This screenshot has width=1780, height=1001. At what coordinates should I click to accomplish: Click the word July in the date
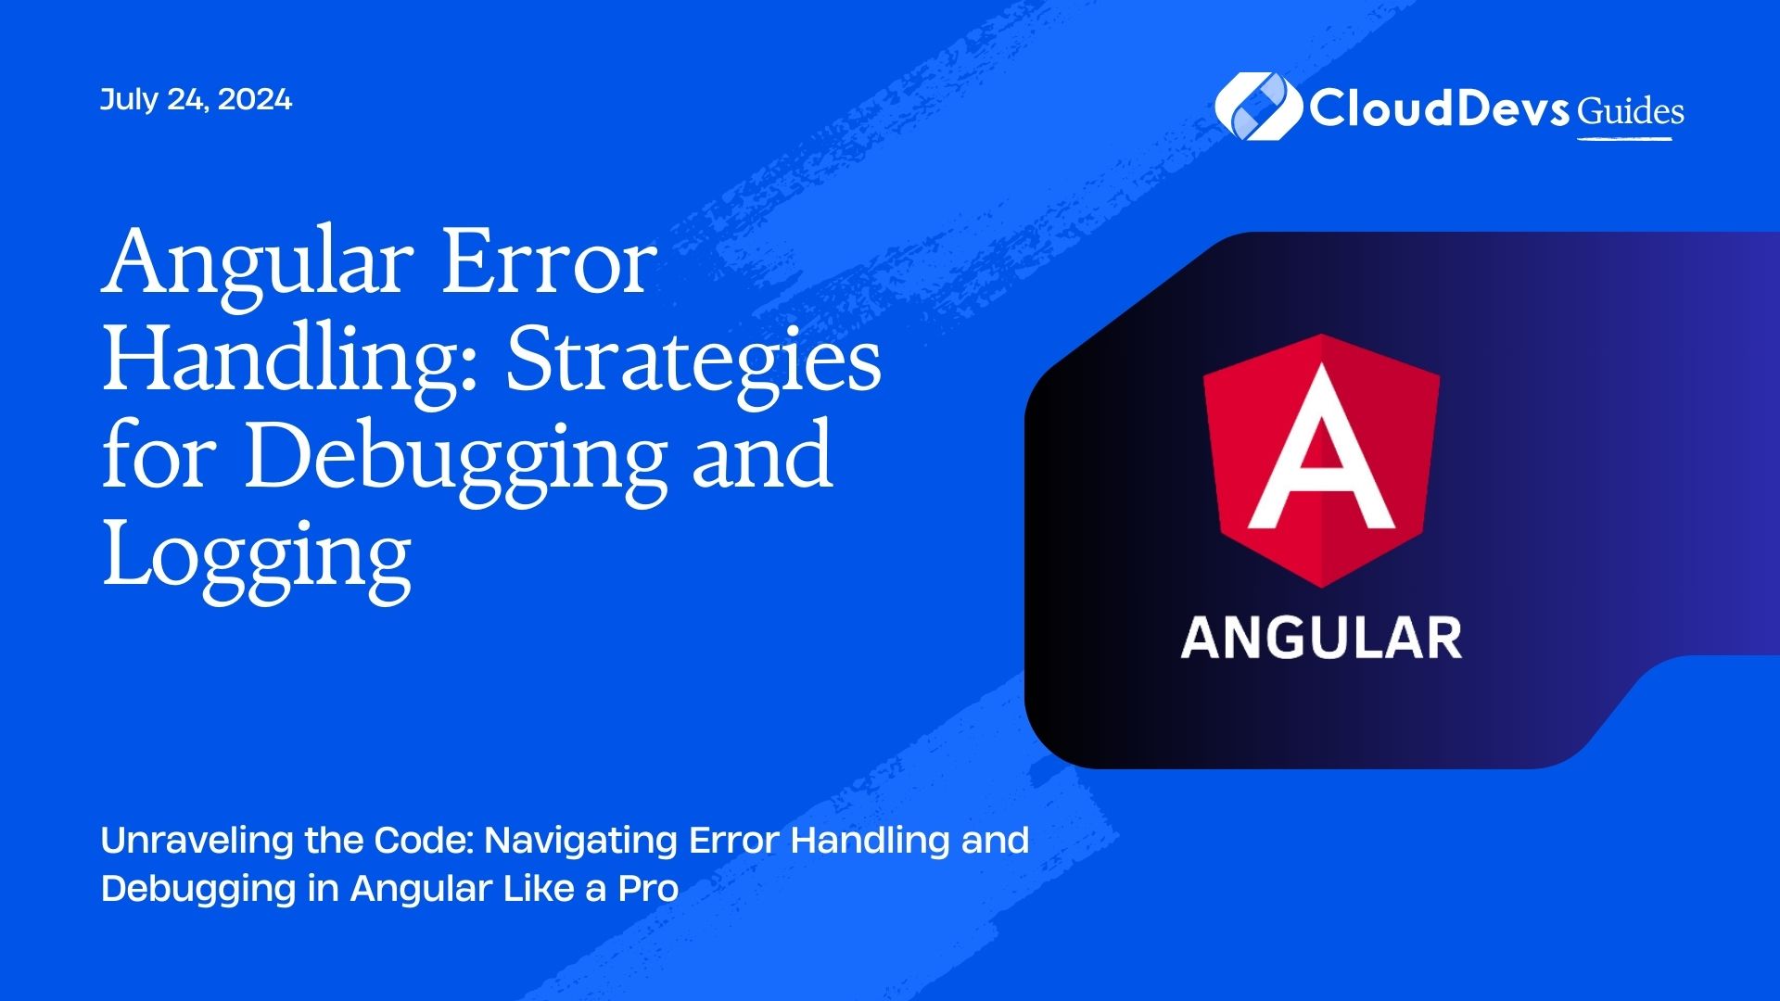pos(129,100)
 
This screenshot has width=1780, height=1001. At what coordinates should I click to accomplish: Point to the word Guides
pos(1631,111)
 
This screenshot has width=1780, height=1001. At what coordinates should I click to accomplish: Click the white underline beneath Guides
pos(1624,139)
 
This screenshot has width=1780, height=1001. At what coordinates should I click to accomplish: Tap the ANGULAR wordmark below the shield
pos(1321,639)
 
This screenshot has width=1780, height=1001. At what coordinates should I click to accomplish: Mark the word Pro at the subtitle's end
pos(648,889)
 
